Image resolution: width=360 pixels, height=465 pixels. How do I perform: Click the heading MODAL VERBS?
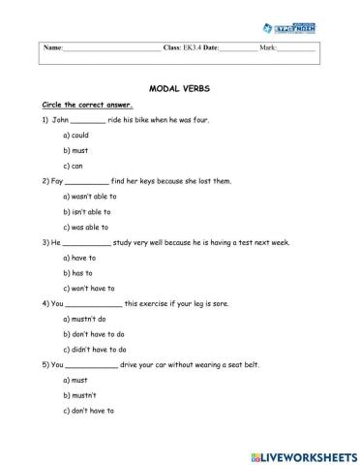[180, 87]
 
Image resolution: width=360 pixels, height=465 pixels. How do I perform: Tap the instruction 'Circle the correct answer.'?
[87, 105]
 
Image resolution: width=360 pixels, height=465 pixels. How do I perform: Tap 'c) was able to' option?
[87, 227]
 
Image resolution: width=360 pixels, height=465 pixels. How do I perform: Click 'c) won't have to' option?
[89, 288]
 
